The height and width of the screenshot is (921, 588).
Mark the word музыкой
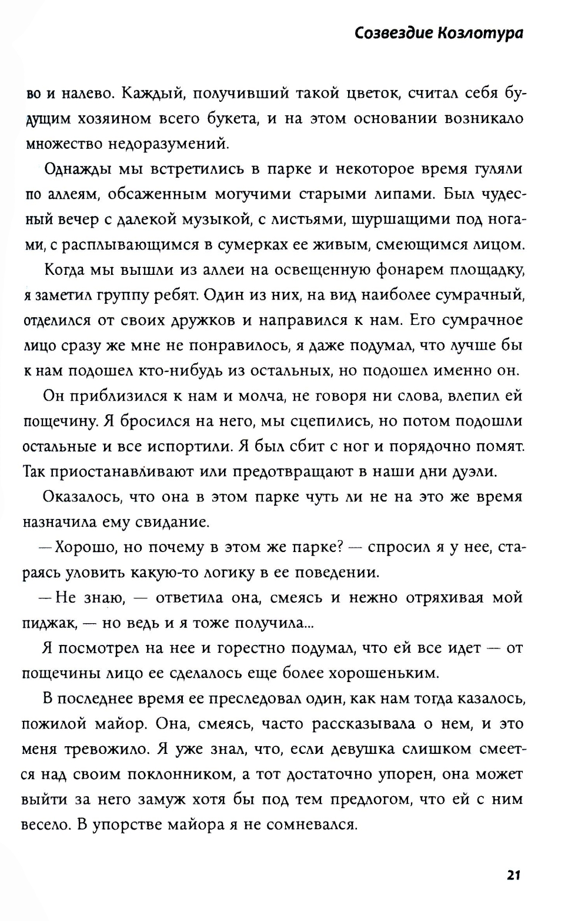(x=211, y=219)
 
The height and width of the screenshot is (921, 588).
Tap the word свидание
(x=172, y=522)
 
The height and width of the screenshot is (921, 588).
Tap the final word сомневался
(x=312, y=824)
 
